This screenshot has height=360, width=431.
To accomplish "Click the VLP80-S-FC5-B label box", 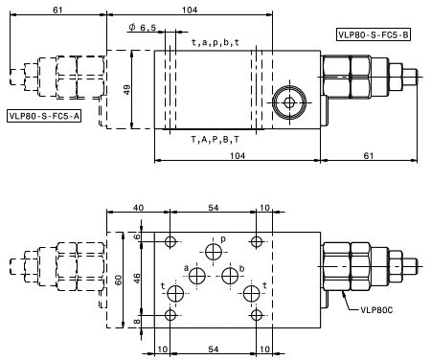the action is [x=373, y=34].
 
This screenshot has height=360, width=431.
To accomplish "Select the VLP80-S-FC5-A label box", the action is [x=44, y=116].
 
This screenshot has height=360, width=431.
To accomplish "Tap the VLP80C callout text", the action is [x=376, y=310].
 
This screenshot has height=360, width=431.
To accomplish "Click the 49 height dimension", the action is [x=127, y=90].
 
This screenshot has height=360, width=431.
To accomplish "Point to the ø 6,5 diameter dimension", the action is [x=143, y=28].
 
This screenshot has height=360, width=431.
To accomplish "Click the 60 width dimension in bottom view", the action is [x=118, y=280].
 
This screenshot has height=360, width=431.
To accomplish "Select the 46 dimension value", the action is [x=137, y=279].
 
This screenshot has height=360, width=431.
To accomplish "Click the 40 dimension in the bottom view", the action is [x=138, y=208].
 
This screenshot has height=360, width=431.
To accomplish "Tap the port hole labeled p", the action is [x=214, y=252].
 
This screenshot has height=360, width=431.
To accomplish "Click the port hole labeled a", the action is [x=197, y=276].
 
